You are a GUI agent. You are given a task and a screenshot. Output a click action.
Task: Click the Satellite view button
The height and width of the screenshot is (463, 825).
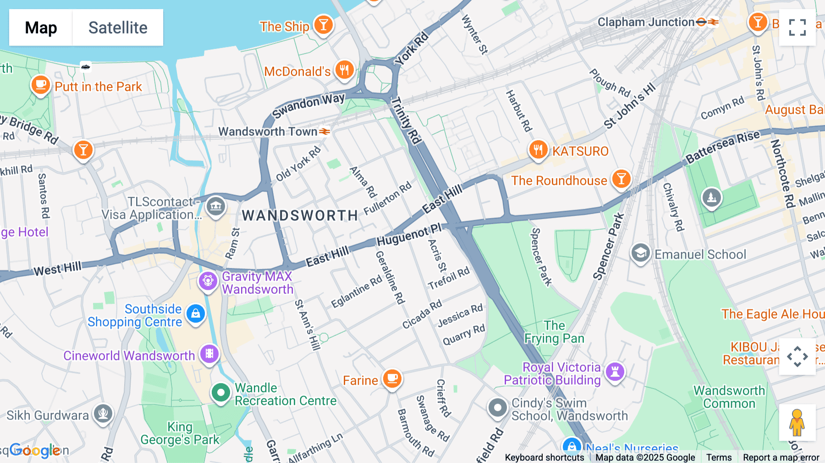[118, 28]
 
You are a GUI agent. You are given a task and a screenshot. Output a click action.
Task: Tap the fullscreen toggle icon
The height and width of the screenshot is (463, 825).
[797, 28]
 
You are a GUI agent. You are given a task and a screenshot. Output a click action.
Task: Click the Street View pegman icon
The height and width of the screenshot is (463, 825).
[797, 423]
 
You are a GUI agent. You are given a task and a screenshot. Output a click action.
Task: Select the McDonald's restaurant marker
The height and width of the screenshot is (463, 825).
[344, 70]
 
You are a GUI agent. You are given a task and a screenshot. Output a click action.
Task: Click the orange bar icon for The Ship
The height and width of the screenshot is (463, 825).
[324, 24]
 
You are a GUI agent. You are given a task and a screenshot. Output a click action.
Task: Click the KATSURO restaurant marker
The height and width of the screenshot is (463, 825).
[538, 149]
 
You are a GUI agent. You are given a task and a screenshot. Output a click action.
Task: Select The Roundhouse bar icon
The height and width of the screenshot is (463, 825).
[621, 179]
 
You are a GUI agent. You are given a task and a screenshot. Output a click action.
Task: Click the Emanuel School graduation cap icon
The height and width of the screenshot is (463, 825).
[640, 253]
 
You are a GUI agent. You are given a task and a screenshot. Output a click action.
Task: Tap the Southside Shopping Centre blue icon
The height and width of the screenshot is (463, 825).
[196, 314]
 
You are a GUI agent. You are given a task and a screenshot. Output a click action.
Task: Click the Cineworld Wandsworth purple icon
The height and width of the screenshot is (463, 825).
[209, 354]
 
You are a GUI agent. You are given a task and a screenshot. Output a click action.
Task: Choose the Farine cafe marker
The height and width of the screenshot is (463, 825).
[392, 379]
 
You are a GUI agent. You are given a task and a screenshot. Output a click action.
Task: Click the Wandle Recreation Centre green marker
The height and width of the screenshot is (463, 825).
[220, 393]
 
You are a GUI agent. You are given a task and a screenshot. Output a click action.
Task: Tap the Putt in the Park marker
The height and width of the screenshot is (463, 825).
[40, 85]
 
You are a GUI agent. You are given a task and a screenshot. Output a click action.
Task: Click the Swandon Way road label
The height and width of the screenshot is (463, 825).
[308, 105]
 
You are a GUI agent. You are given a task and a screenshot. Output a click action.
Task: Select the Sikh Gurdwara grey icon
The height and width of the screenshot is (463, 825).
[103, 414]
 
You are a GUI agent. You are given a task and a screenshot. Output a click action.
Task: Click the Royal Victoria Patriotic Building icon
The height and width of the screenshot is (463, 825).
[615, 372]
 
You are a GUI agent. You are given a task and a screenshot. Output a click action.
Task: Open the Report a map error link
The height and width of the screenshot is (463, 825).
[781, 457]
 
